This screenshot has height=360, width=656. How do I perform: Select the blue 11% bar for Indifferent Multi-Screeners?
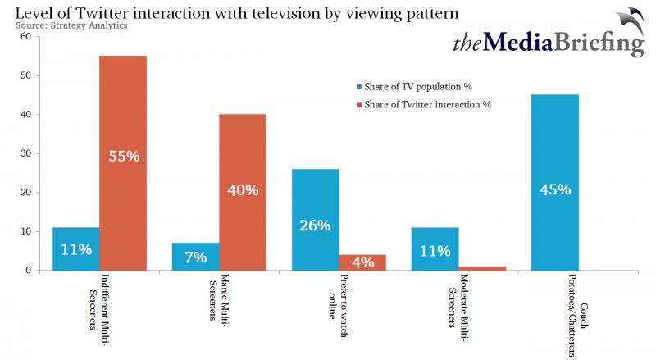click(76, 249)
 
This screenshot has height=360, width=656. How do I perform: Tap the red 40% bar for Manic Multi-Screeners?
click(243, 192)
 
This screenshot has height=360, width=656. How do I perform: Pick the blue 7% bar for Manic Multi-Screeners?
click(196, 257)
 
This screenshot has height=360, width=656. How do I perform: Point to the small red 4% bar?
click(362, 262)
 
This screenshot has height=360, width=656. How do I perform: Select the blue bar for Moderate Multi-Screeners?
click(435, 249)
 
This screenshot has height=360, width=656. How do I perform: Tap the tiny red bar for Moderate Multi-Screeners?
click(482, 268)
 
